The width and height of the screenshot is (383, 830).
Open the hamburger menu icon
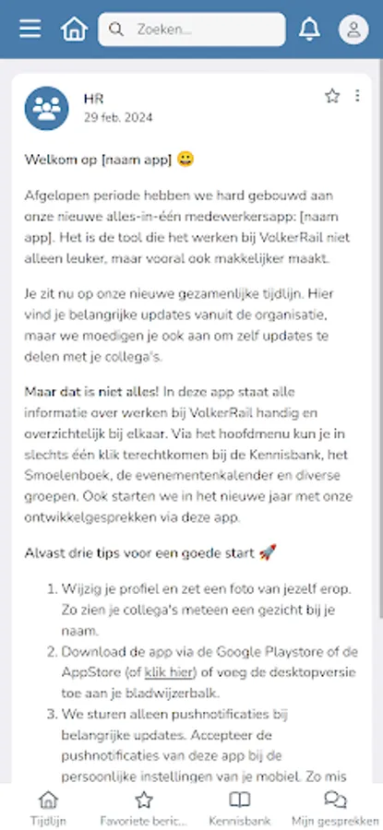(x=30, y=30)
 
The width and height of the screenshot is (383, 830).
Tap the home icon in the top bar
(x=74, y=30)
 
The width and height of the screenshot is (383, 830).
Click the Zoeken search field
(x=191, y=30)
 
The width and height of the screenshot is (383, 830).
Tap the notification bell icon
(x=309, y=30)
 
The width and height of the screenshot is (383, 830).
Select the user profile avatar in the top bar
(x=353, y=30)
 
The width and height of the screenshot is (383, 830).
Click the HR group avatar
(x=46, y=108)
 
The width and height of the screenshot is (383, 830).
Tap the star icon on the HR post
(x=332, y=96)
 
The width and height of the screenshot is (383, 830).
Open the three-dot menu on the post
(x=358, y=96)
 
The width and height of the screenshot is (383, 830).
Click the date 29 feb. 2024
(x=118, y=118)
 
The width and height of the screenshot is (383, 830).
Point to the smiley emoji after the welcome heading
(x=186, y=160)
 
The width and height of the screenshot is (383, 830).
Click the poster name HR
(x=93, y=99)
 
